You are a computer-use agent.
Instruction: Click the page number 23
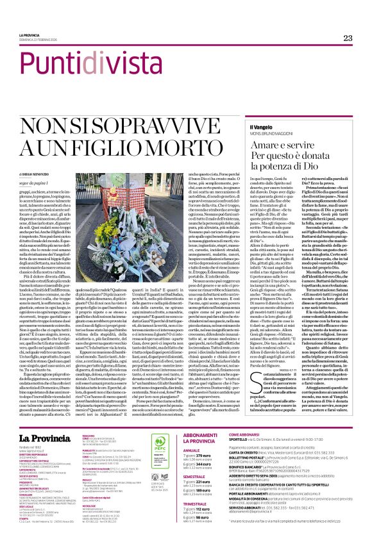pyautogui.click(x=348, y=38)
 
